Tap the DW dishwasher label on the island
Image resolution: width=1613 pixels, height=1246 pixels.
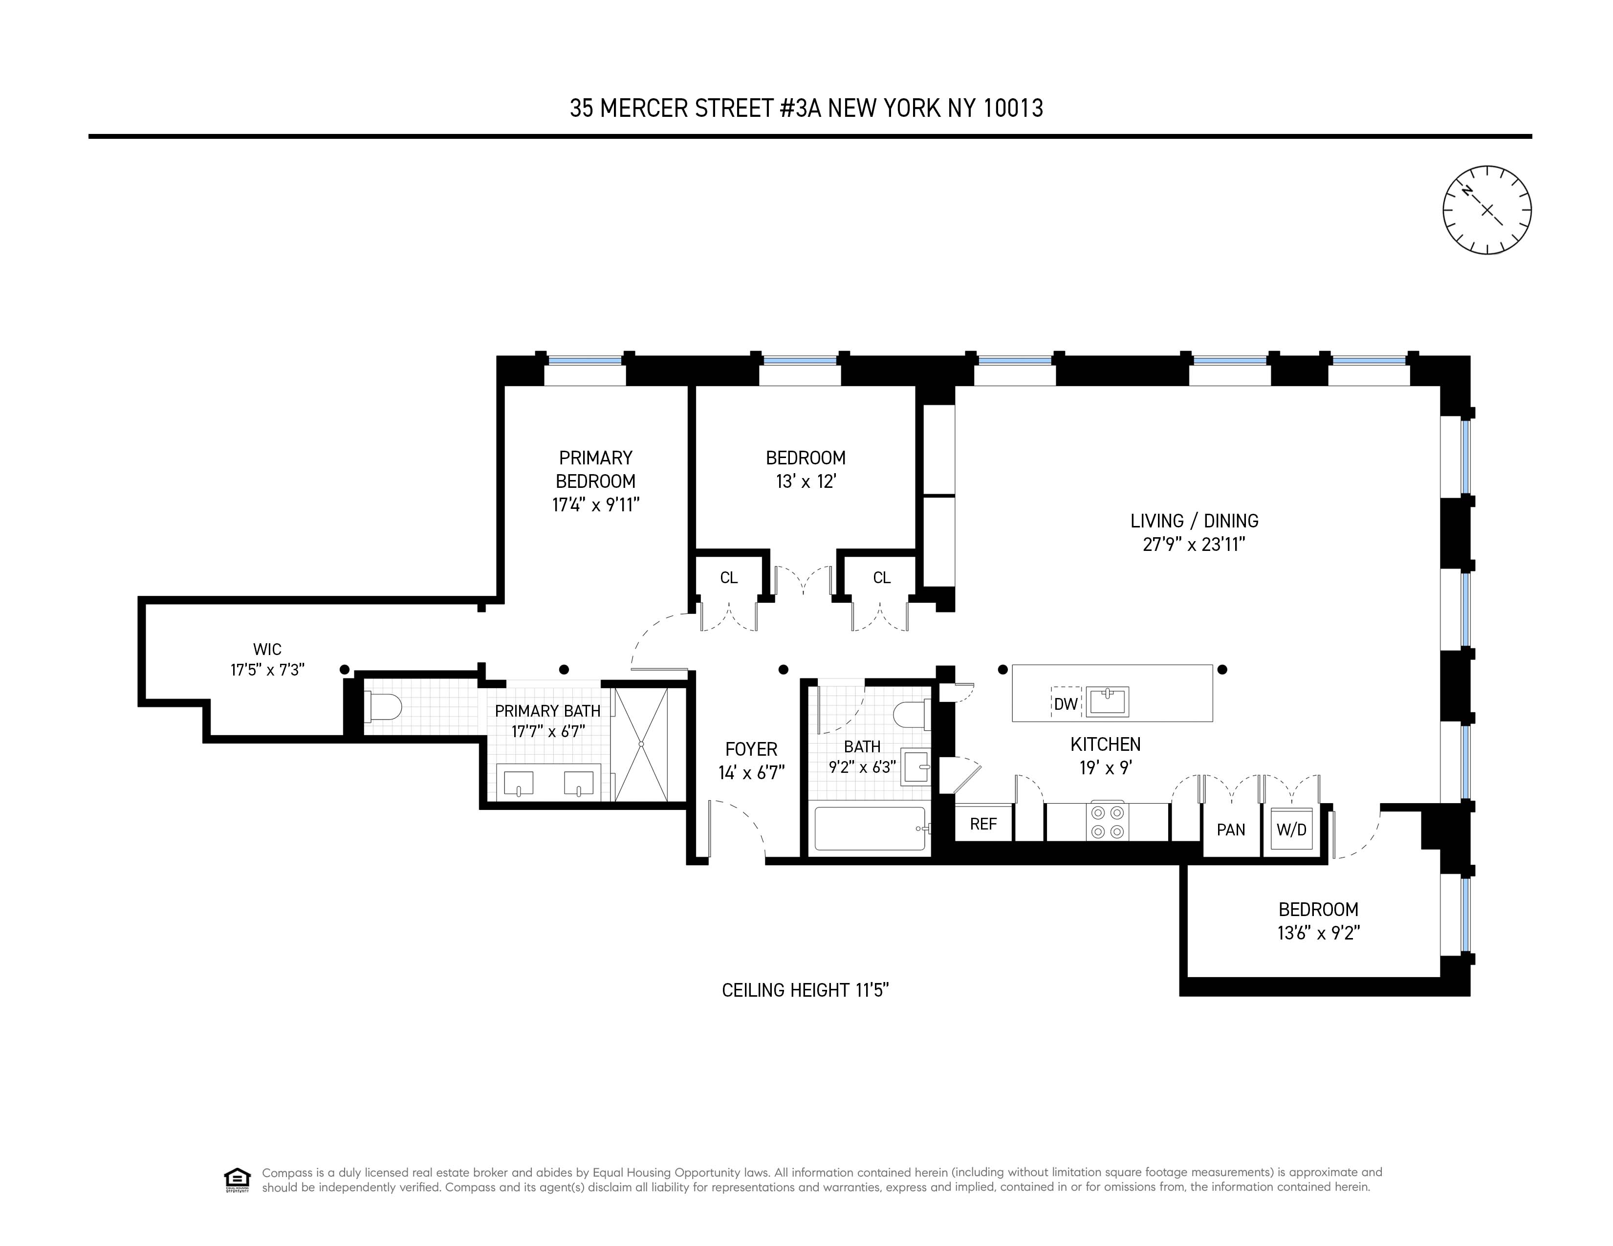1065,704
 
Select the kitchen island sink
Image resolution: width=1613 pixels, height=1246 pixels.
1107,701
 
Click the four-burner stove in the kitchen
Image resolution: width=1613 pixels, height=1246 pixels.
1107,821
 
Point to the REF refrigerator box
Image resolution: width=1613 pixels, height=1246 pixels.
983,824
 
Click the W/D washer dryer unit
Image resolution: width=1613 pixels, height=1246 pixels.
1291,830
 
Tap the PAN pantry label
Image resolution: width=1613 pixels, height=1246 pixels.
1230,830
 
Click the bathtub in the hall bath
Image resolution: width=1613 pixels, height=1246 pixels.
869,829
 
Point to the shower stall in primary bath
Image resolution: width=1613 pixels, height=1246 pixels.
641,744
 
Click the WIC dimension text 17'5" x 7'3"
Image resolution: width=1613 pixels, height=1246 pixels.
267,670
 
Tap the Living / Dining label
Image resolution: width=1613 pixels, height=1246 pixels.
1194,521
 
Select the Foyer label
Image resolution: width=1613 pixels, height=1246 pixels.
751,749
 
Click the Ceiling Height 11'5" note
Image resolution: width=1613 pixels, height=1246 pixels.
805,990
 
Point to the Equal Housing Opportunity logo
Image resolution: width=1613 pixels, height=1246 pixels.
237,1180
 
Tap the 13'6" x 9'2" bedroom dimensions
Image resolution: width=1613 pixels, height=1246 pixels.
1318,933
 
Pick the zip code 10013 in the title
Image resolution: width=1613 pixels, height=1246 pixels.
1013,109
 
